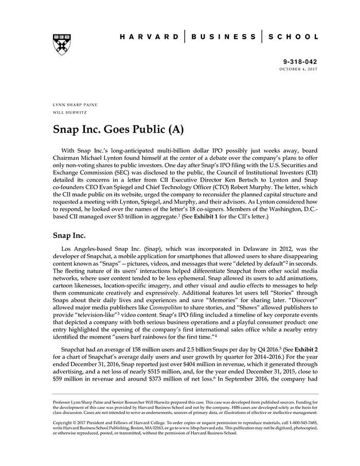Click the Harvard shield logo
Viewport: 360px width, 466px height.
click(62, 44)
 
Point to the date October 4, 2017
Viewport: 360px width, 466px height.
click(299, 69)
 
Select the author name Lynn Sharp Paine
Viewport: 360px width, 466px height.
click(75, 104)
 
